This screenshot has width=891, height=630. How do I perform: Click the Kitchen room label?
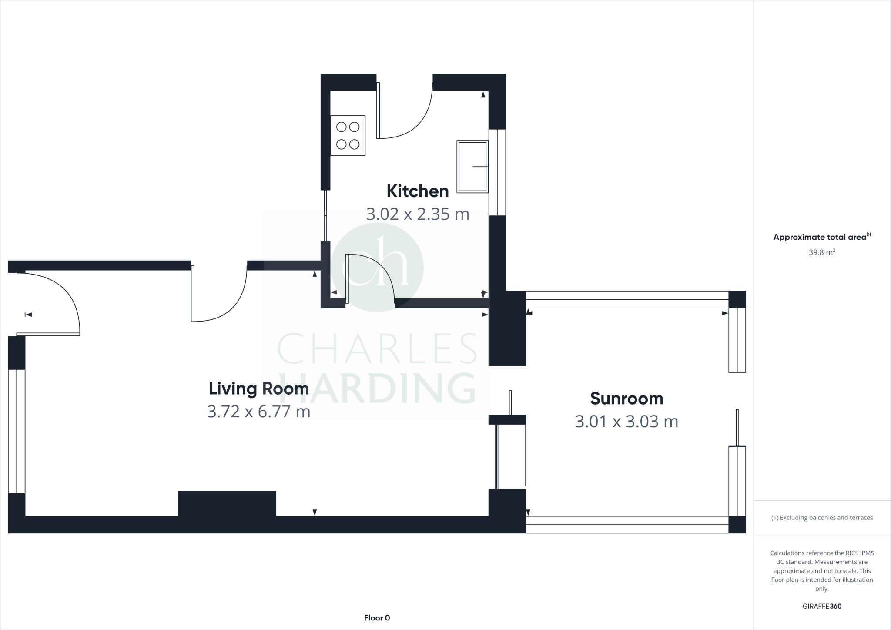(x=417, y=191)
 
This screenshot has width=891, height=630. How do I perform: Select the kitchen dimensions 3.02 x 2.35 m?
(x=417, y=214)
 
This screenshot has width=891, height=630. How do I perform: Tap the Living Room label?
(x=258, y=389)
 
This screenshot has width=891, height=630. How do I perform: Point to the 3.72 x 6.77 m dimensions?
(x=258, y=411)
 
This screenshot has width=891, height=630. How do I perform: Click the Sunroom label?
(x=626, y=399)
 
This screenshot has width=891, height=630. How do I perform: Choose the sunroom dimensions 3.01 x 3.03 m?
(x=626, y=422)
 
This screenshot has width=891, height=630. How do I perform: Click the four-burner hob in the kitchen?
(x=348, y=135)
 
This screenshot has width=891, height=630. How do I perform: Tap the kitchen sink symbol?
(x=472, y=166)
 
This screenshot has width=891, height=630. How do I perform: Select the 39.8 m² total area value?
(x=821, y=252)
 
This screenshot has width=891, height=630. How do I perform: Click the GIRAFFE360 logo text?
(x=821, y=606)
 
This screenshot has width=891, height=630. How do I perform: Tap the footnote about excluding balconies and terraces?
(x=821, y=518)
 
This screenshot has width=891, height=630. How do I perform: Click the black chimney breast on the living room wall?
(x=227, y=503)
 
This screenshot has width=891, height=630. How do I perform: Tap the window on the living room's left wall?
(x=17, y=431)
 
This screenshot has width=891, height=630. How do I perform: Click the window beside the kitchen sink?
(x=497, y=172)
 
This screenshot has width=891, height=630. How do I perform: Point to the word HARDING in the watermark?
(x=377, y=388)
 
